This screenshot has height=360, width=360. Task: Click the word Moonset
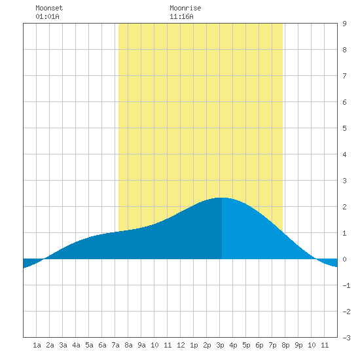click(x=49, y=8)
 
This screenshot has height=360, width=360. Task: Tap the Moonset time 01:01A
click(x=47, y=16)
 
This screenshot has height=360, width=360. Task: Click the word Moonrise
click(x=185, y=8)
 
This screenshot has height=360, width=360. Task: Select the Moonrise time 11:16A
click(x=181, y=16)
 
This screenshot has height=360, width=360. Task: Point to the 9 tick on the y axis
click(x=344, y=24)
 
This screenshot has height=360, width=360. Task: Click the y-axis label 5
click(x=344, y=128)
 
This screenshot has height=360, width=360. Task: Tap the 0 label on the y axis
click(x=344, y=259)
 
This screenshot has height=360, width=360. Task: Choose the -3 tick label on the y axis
click(x=346, y=338)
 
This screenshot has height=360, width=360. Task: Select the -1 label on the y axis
click(x=346, y=285)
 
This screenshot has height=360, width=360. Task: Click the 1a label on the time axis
click(x=37, y=345)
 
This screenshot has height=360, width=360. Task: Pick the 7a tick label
click(x=115, y=345)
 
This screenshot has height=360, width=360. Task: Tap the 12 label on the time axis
click(x=181, y=345)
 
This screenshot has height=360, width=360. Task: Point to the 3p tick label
click(x=220, y=345)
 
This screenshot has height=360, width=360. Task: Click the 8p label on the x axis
click(x=285, y=345)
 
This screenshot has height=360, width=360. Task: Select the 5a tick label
click(x=89, y=345)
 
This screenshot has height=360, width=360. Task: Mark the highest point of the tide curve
click(x=222, y=198)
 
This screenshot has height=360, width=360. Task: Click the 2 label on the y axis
click(x=344, y=207)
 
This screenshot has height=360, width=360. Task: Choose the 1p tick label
click(x=194, y=345)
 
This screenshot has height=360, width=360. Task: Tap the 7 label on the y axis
click(x=344, y=76)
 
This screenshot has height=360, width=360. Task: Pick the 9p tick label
click(x=298, y=345)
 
